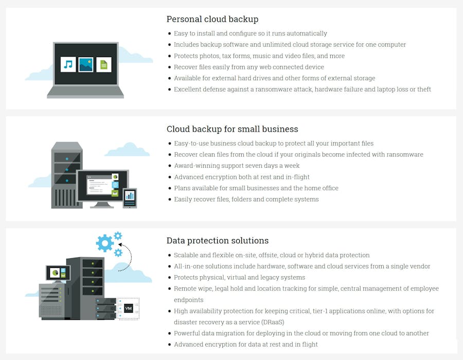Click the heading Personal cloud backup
tap(212, 20)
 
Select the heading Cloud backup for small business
tap(232, 129)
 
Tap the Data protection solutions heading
tap(217, 241)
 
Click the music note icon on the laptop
tap(68, 64)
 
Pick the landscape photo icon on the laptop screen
tap(86, 64)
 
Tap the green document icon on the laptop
tap(104, 64)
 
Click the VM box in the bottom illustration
tap(128, 309)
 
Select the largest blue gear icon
tap(105, 243)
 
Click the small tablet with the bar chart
tap(130, 196)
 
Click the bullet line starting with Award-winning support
tap(237, 166)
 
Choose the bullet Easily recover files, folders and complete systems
tap(246, 199)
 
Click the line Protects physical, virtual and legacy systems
tap(239, 277)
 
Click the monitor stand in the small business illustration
tap(103, 204)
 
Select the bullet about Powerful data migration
tap(301, 333)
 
